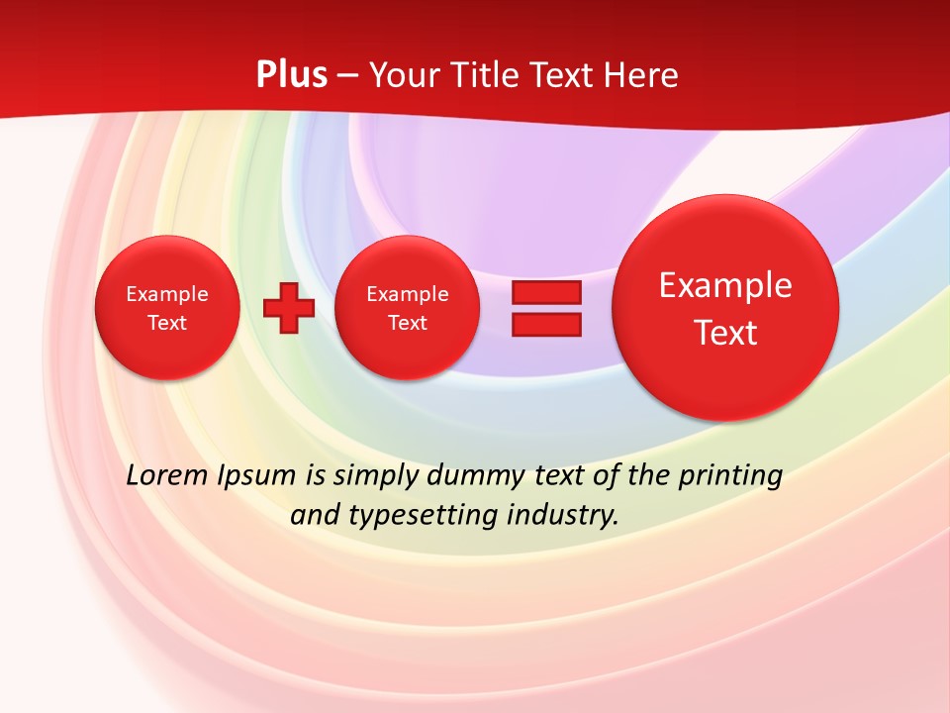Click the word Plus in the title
pyautogui.click(x=292, y=75)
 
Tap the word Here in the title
pyautogui.click(x=641, y=75)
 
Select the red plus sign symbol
pyautogui.click(x=289, y=307)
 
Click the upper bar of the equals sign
pyautogui.click(x=545, y=292)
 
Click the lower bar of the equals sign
pyautogui.click(x=545, y=324)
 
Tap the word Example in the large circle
pyautogui.click(x=725, y=285)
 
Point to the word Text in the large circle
pyautogui.click(x=725, y=333)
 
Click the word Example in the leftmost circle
pyautogui.click(x=167, y=294)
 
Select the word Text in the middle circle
pyautogui.click(x=407, y=323)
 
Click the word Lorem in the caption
pyautogui.click(x=167, y=475)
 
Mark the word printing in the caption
pyautogui.click(x=732, y=475)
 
